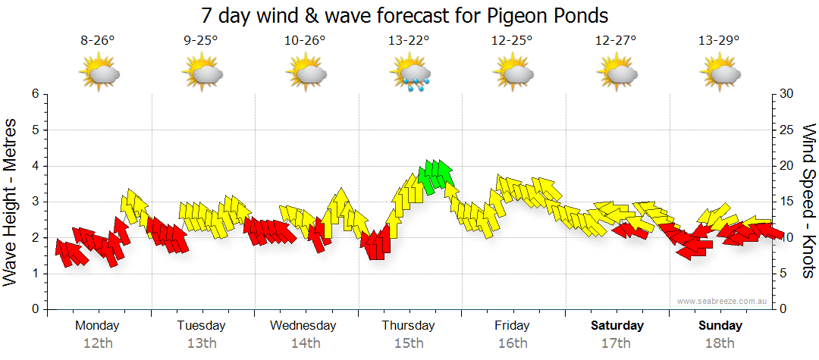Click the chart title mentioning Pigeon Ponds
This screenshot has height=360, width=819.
coord(405,15)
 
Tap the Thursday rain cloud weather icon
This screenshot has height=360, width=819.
coord(410,74)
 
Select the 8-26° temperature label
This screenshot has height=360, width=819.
coord(98,41)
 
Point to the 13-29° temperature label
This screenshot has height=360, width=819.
coord(718,41)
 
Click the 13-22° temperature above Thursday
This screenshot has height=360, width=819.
coord(409,41)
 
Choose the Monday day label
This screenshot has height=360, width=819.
coord(97,326)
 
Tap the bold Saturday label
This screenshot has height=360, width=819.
coord(617,326)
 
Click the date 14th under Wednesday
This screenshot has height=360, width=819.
coord(305,343)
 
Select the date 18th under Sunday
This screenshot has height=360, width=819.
coord(720,343)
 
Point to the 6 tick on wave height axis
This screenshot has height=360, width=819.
coord(34,94)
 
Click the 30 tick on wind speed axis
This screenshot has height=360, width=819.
coord(787,94)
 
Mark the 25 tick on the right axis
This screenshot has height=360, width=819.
coord(787,130)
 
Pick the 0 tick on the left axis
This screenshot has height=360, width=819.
coord(34,309)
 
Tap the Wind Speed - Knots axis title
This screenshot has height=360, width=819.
coord(808,201)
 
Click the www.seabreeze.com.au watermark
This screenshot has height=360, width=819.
coord(723,301)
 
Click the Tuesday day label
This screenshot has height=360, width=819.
coord(201,326)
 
